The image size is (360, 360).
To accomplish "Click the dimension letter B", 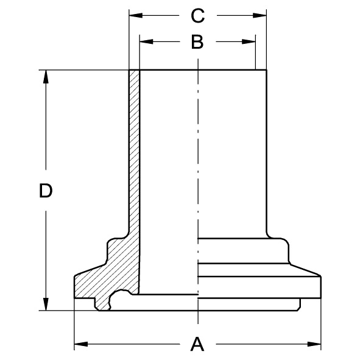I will click(197, 42).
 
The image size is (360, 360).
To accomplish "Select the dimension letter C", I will click(197, 15).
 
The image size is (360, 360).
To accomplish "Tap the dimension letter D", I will click(45, 191).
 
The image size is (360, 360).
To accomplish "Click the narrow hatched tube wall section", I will click(134, 152).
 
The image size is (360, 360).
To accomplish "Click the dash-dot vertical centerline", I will click(198, 183).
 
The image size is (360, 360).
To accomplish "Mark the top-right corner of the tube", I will click(267, 71).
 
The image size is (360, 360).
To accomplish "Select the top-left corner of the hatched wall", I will click(129, 71).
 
